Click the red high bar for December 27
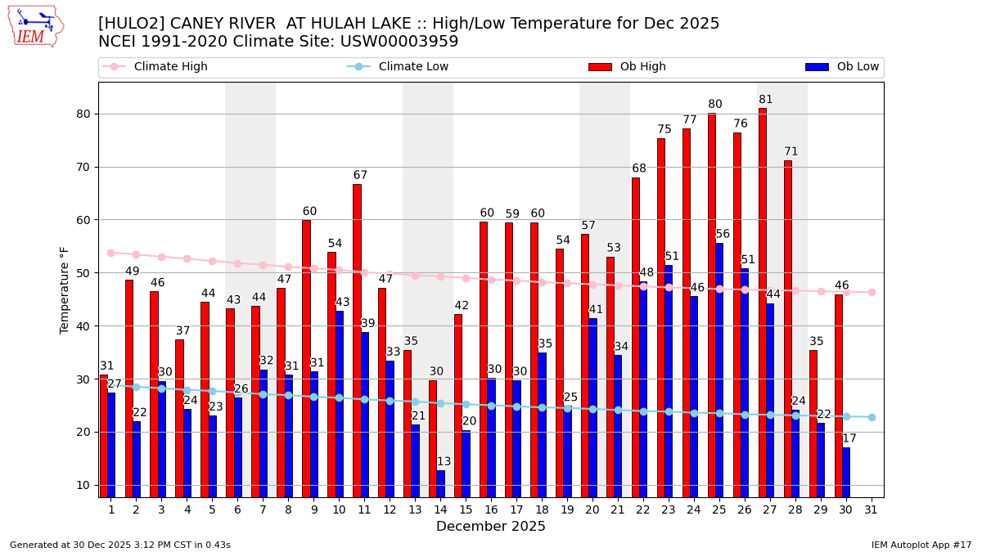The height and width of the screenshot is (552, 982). (x=762, y=303)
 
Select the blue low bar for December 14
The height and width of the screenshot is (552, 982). (x=441, y=483)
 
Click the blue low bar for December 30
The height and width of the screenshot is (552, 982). (x=846, y=472)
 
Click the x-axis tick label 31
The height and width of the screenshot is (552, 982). (x=872, y=509)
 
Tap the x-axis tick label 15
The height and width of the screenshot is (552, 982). (x=466, y=509)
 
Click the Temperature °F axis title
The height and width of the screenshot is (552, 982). (x=65, y=289)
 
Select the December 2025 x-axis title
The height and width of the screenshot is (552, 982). (x=491, y=527)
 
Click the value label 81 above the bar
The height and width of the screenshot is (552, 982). (x=765, y=100)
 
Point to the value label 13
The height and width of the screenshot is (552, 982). (x=444, y=462)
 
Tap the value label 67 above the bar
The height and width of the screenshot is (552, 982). (x=360, y=176)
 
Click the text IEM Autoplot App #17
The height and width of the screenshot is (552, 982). (x=921, y=545)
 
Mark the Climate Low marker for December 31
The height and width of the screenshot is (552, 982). (x=872, y=417)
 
